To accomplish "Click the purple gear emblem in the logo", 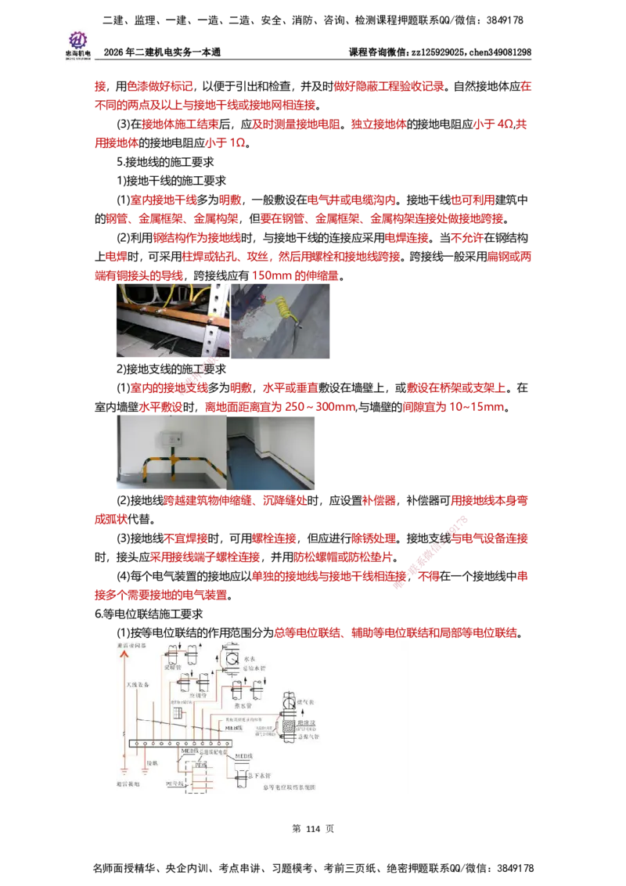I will [x=78, y=38].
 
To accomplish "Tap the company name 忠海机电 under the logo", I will [x=78, y=53].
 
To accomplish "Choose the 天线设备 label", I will [x=140, y=686].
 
